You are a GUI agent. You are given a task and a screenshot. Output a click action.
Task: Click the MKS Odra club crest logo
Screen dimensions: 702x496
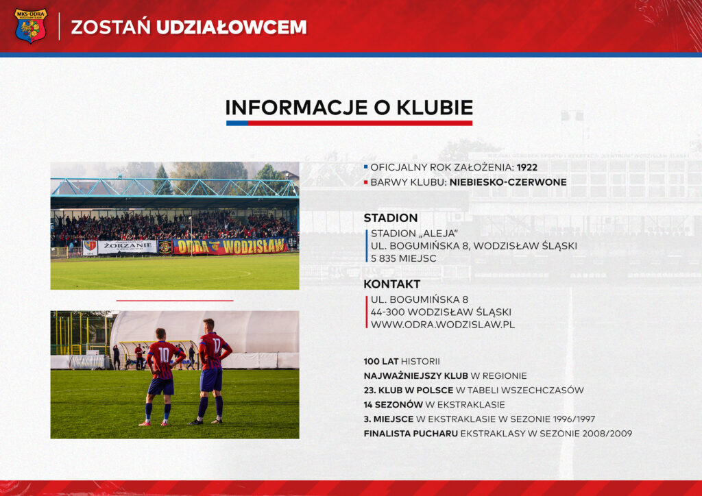tap(30, 26)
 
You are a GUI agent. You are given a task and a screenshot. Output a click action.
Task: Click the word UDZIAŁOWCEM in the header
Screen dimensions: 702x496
tap(232, 27)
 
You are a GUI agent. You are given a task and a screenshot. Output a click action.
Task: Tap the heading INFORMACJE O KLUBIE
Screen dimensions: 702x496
tap(349, 108)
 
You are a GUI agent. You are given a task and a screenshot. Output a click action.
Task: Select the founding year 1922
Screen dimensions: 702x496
tap(527, 167)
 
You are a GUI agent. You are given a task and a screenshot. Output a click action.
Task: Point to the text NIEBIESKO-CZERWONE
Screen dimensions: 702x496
tap(508, 182)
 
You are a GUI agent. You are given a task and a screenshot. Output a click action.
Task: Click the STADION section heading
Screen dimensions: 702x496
tap(391, 218)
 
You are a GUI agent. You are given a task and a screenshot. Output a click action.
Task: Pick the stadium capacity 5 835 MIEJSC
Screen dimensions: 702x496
tap(403, 258)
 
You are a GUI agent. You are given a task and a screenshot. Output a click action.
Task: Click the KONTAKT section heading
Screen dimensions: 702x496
tap(391, 284)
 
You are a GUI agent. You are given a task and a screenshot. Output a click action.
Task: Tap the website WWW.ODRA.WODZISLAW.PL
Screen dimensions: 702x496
tap(443, 324)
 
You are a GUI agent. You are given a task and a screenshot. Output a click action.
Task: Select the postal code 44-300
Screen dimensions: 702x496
tap(388, 312)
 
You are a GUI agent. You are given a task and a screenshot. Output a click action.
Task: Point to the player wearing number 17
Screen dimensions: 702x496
tap(212, 371)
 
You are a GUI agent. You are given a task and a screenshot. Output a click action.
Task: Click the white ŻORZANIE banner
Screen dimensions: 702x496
tap(128, 247)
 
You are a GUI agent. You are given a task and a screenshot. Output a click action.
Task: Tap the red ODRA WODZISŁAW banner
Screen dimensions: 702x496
tap(230, 246)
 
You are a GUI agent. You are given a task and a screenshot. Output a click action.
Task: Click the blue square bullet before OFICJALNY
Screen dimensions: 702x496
tap(366, 167)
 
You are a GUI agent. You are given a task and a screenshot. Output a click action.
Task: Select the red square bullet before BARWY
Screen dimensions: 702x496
tap(366, 182)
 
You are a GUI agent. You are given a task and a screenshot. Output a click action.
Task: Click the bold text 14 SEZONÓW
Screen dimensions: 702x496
tap(393, 405)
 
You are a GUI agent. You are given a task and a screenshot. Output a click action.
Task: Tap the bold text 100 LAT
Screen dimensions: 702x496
tap(381, 361)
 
